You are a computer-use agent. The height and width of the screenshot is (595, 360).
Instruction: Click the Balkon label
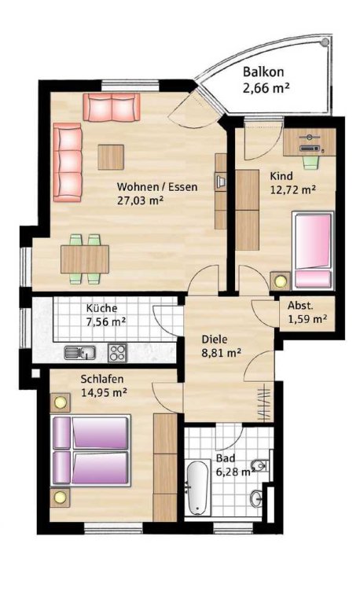(263, 72)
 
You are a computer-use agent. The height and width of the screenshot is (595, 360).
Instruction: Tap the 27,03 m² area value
(141, 200)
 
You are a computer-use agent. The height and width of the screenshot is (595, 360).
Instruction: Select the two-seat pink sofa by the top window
(112, 108)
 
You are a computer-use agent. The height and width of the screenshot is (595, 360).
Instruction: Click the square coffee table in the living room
(111, 157)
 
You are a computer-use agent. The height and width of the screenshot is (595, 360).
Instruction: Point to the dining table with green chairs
(85, 259)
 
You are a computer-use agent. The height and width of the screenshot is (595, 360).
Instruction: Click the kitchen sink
(80, 353)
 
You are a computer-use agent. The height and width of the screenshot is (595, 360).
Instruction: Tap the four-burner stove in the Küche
(118, 353)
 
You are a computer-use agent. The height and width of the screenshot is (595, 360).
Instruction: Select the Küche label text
(101, 308)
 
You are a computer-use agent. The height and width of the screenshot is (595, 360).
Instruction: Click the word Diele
(215, 339)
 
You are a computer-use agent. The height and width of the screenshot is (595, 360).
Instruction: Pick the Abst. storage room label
(300, 306)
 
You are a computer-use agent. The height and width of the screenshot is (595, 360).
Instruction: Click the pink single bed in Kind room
(313, 251)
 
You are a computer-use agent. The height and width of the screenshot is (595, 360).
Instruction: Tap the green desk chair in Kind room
(310, 162)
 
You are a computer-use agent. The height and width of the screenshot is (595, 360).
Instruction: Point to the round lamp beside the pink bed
(281, 281)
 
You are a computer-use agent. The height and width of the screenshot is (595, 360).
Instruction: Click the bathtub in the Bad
(198, 487)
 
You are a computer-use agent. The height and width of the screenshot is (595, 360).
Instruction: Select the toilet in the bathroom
(261, 465)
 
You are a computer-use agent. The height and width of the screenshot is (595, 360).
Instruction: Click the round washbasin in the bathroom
(257, 497)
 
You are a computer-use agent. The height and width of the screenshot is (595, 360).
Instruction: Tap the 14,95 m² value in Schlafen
(104, 392)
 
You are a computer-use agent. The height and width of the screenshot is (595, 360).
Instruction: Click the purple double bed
(90, 450)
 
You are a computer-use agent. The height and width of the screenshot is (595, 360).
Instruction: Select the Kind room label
(281, 176)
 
